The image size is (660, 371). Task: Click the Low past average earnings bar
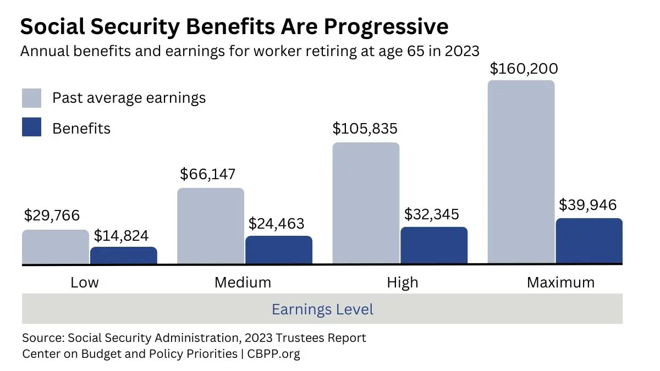[55, 247]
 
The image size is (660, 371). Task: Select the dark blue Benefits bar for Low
[123, 256]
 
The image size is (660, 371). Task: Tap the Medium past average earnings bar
[211, 226]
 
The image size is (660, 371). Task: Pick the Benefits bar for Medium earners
[278, 250]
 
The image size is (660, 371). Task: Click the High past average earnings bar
[366, 203]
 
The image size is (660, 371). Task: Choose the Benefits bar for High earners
[434, 245]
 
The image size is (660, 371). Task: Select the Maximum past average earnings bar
[521, 172]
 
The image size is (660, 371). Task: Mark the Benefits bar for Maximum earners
[589, 241]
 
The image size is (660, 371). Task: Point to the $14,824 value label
[121, 236]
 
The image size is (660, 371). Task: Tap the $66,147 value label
[207, 175]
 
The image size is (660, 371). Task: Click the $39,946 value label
[587, 205]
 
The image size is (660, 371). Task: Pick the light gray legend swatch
[31, 98]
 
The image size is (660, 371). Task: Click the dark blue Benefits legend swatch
[31, 128]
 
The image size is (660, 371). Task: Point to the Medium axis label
[243, 283]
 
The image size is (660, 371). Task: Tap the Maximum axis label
[560, 283]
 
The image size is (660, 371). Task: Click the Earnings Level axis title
[322, 309]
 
